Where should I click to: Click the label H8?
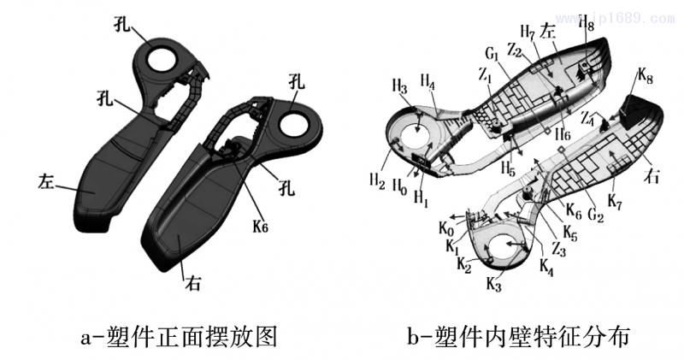(x=587, y=24)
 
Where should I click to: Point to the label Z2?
(x=515, y=50)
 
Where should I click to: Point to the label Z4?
(x=587, y=118)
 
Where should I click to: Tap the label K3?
(x=494, y=283)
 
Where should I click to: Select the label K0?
(x=445, y=228)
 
